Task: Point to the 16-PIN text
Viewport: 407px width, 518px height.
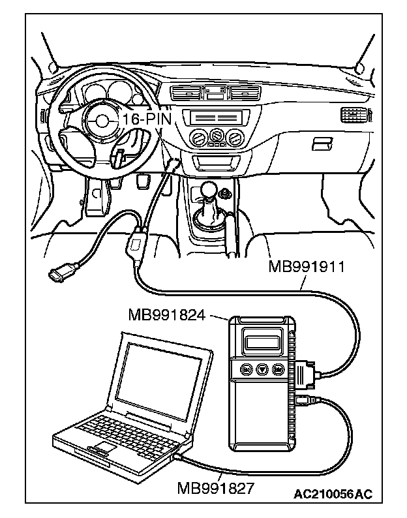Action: (x=145, y=119)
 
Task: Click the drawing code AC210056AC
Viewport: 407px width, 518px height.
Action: (x=333, y=494)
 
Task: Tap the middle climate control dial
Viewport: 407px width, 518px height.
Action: (x=213, y=137)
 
